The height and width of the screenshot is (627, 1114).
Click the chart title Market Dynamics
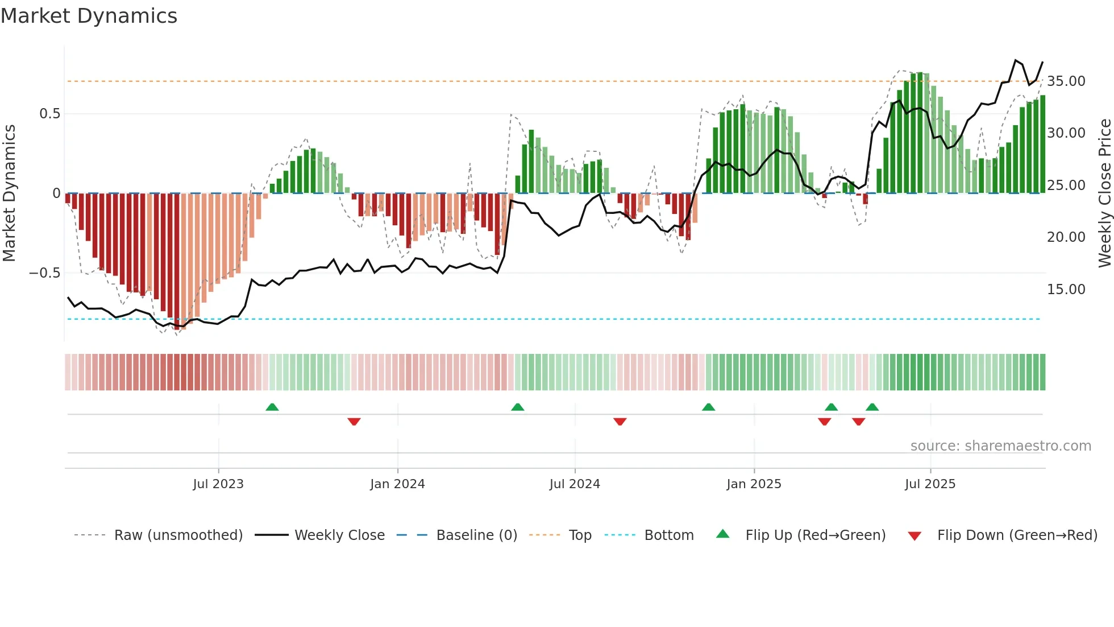click(89, 16)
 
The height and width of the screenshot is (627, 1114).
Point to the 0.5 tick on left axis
click(49, 114)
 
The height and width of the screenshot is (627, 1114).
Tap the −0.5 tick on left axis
click(45, 273)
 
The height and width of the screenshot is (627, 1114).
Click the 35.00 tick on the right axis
click(1066, 81)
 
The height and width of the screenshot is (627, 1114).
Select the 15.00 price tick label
click(1066, 290)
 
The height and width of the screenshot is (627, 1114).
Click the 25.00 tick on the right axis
click(1066, 185)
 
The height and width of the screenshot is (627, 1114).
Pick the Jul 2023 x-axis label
click(218, 484)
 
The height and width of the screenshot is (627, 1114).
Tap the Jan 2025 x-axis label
click(754, 484)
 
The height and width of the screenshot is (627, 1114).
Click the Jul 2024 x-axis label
click(575, 484)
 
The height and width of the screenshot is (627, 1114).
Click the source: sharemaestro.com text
click(1000, 446)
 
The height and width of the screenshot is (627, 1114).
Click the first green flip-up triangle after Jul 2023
click(272, 407)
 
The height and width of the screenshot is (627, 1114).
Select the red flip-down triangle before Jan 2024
click(354, 422)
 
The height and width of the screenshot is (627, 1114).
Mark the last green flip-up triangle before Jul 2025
click(872, 407)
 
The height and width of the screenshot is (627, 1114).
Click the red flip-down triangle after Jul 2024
click(620, 422)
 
